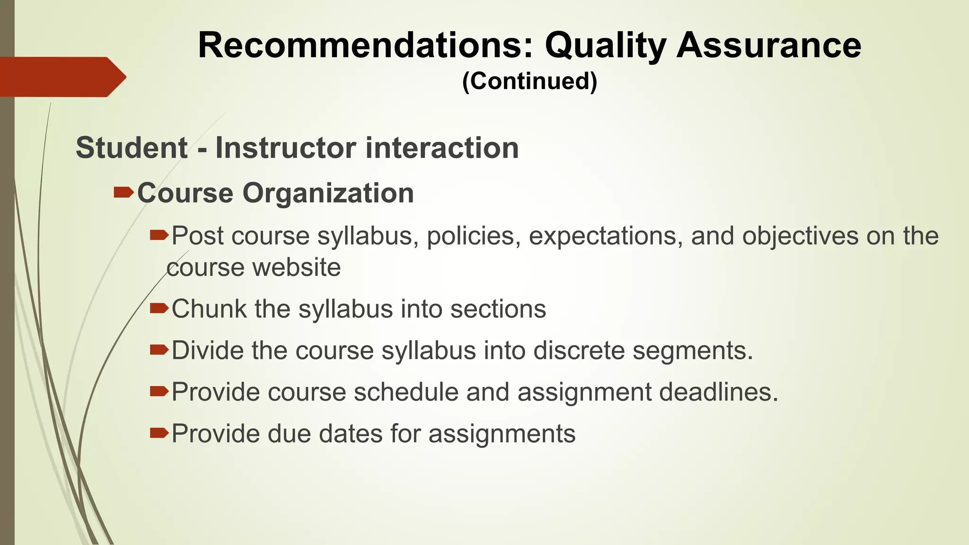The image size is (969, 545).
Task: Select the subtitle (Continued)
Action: (529, 81)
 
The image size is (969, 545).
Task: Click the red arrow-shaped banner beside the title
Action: (62, 77)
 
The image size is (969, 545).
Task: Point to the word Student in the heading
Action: (132, 148)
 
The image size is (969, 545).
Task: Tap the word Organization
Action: (328, 193)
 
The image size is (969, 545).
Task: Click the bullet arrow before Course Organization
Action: (123, 193)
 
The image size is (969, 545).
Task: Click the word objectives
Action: (800, 236)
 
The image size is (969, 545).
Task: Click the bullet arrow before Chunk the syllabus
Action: (159, 309)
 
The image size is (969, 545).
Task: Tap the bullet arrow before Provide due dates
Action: (159, 433)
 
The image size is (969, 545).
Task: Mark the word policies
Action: (470, 236)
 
